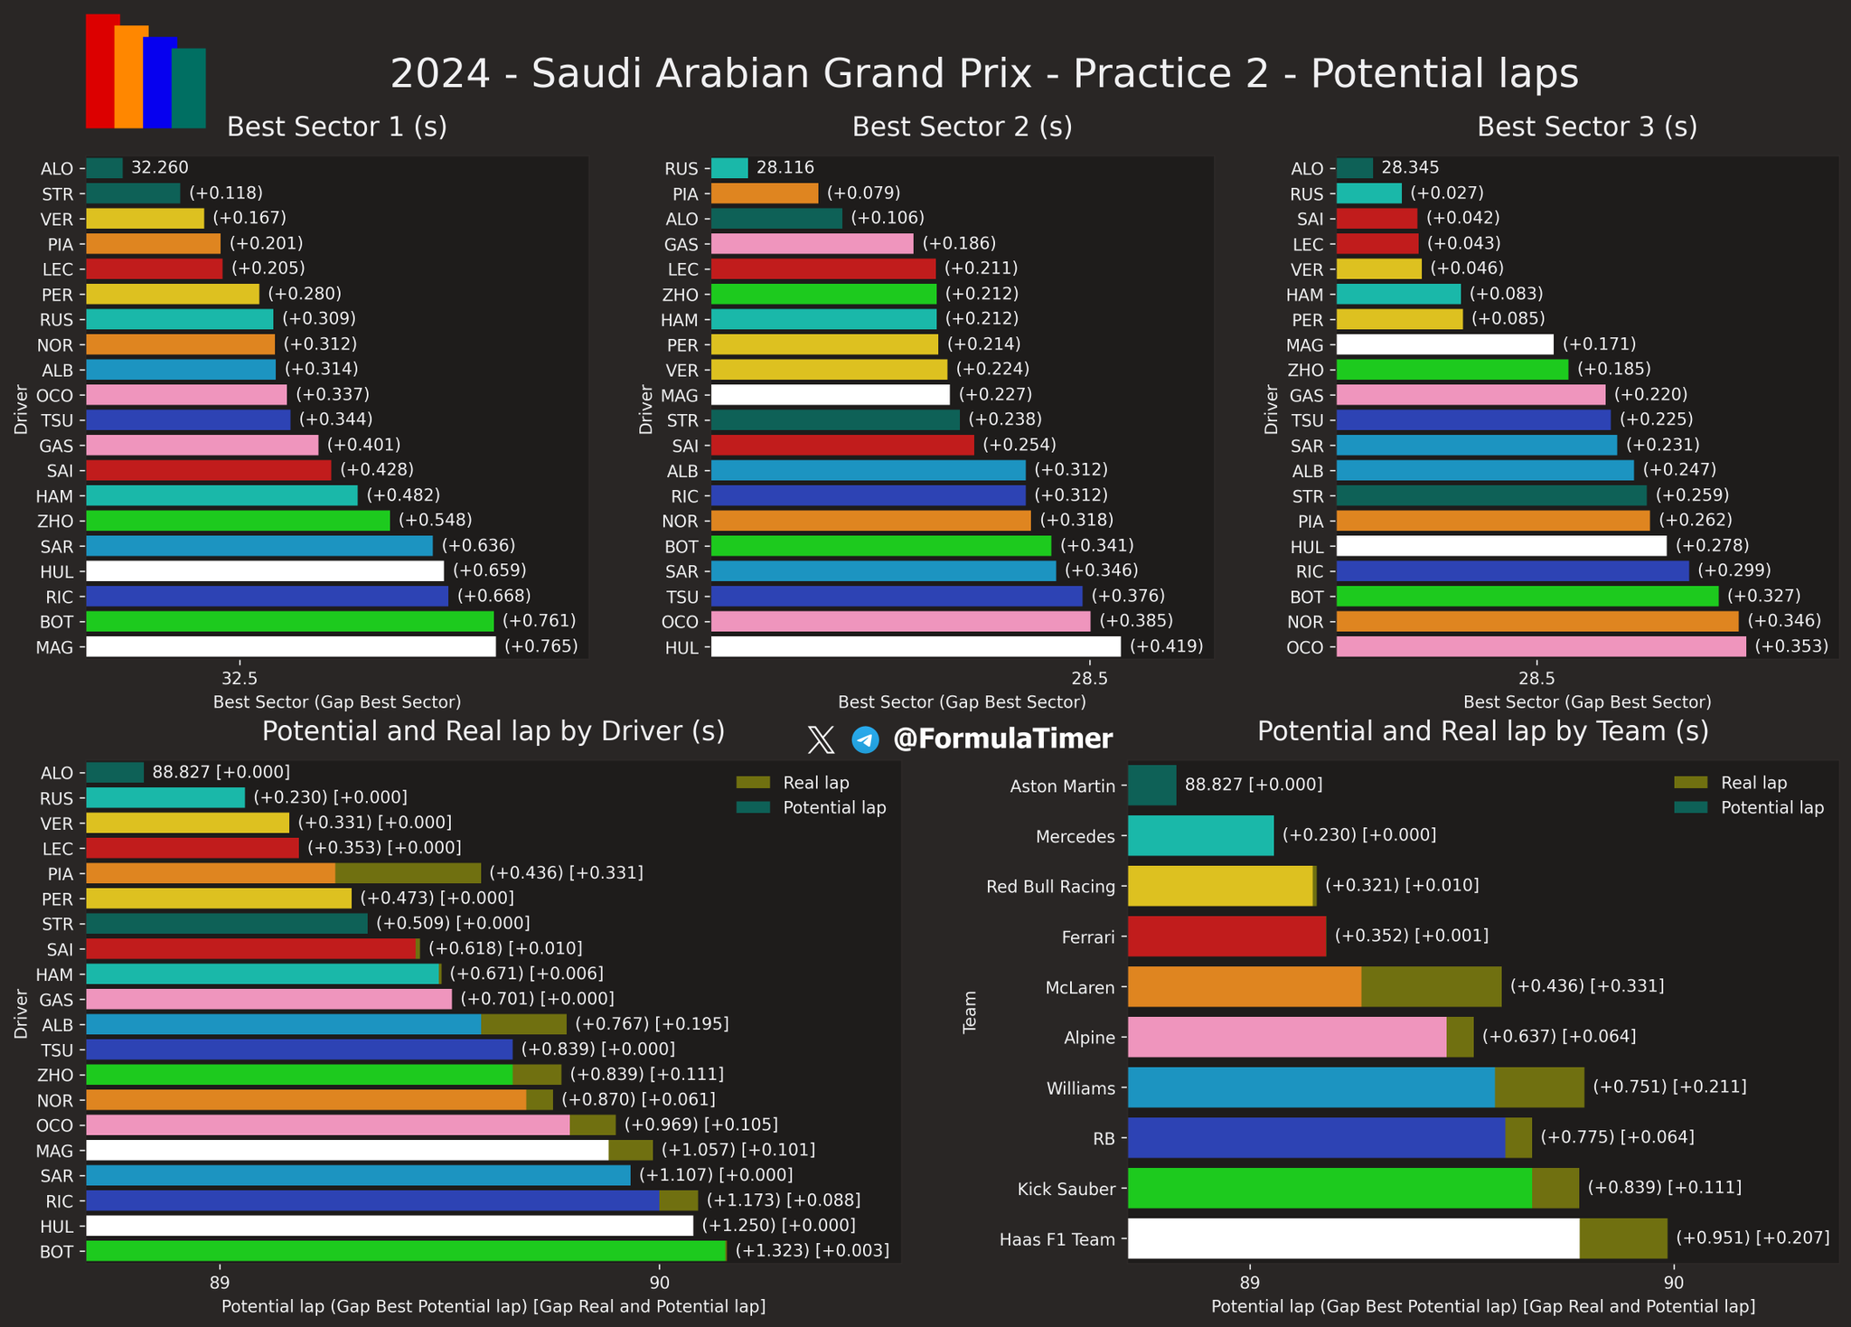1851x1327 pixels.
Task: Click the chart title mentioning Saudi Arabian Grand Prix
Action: tap(983, 74)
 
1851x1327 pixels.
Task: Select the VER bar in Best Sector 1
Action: tap(145, 219)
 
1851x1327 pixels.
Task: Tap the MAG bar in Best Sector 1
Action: tap(290, 646)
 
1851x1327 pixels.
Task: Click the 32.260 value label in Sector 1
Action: tap(160, 167)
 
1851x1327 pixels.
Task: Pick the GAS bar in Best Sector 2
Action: tap(812, 243)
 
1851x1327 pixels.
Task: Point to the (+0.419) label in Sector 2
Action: tap(1166, 646)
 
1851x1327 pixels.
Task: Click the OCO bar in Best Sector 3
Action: tap(1540, 646)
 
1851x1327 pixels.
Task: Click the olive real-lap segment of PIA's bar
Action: tap(408, 873)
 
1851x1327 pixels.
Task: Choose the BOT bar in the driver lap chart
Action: tap(406, 1251)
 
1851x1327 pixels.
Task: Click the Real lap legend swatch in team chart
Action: tap(1690, 783)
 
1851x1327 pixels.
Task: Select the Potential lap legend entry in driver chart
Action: tap(834, 807)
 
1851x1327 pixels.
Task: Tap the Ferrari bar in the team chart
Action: tap(1226, 936)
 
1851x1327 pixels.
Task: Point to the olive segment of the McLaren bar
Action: tap(1431, 986)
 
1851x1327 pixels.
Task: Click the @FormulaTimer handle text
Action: tap(1002, 739)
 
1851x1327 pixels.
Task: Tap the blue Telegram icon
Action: tap(865, 740)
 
